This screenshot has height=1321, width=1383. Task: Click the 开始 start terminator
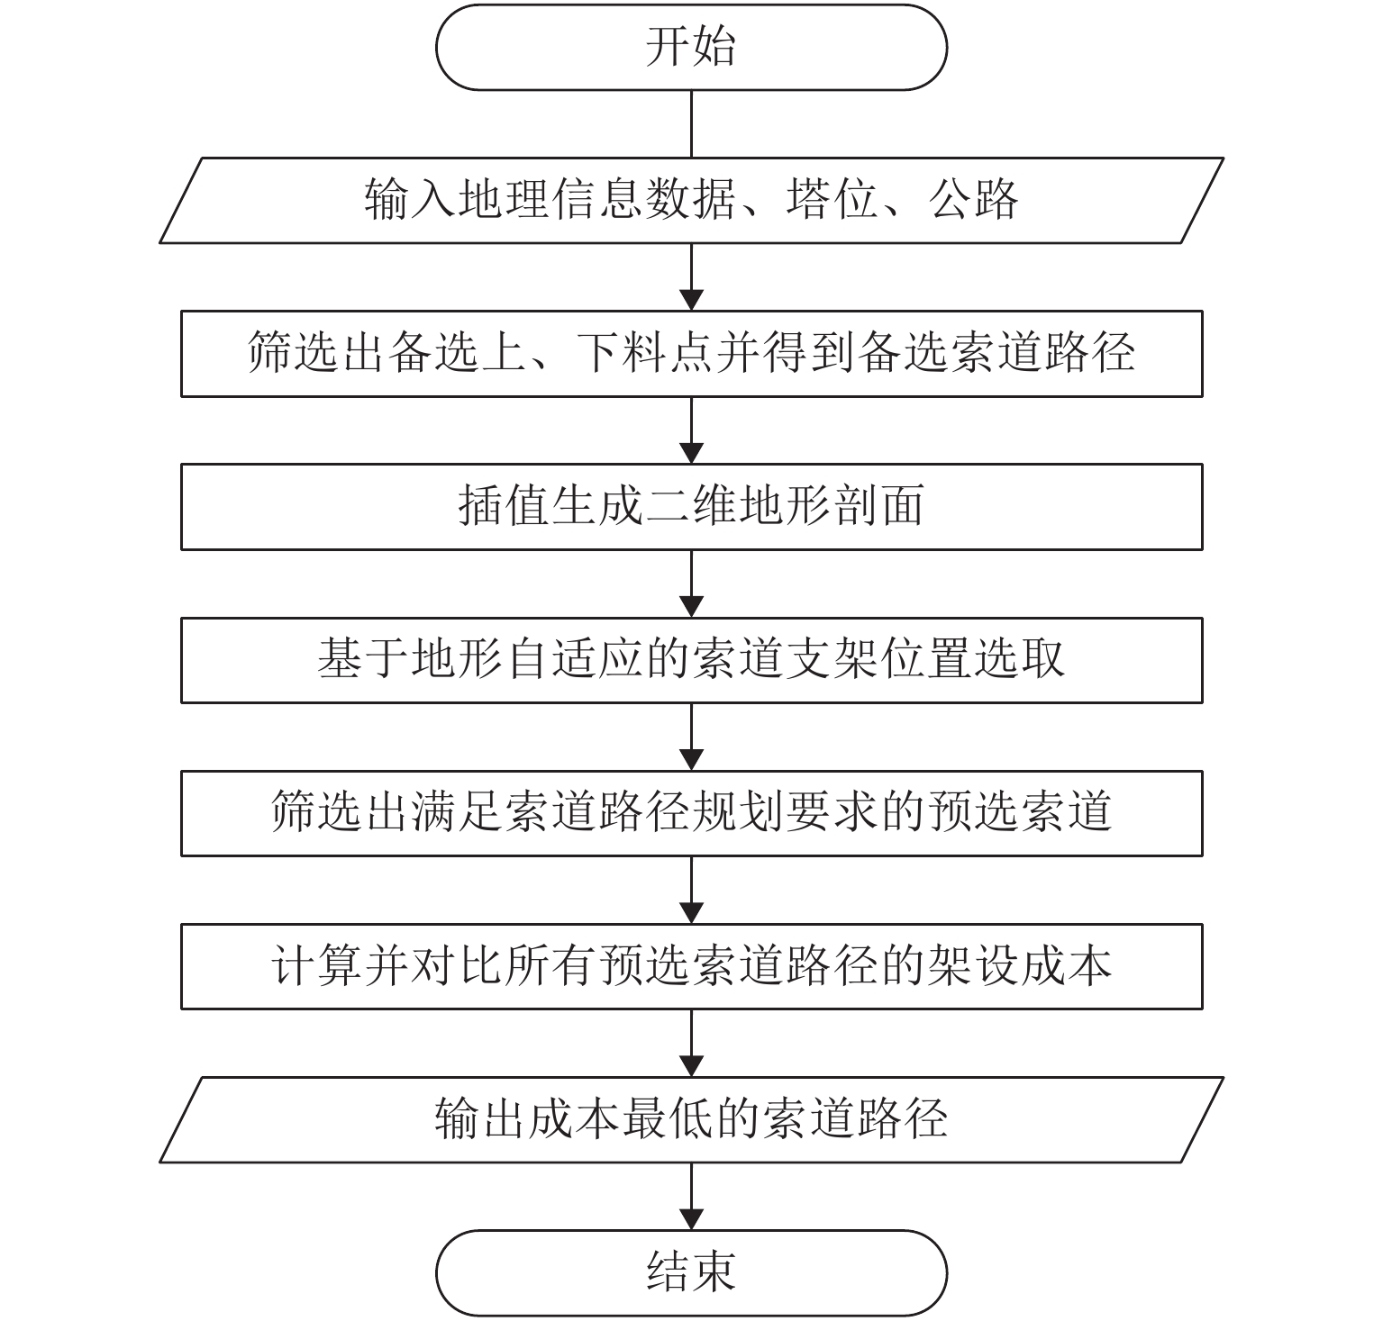691,47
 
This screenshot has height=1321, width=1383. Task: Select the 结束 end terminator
691,1273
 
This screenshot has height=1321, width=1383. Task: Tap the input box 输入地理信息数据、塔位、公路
691,200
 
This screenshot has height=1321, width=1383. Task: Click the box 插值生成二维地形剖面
691,506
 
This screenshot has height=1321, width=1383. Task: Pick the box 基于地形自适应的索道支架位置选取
691,660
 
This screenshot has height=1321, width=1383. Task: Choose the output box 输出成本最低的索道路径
691,1119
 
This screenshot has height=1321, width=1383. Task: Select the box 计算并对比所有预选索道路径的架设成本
691,966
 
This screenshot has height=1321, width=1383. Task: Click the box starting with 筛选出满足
691,813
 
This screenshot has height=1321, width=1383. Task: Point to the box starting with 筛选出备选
691,353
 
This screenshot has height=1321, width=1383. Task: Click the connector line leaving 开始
691,124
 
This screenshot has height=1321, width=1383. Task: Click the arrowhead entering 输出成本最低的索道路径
691,1065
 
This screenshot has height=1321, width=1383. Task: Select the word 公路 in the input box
972,200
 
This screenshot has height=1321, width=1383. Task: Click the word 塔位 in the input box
832,200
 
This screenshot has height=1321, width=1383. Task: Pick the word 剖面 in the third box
878,506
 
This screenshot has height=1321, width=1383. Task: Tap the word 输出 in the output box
479,1119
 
